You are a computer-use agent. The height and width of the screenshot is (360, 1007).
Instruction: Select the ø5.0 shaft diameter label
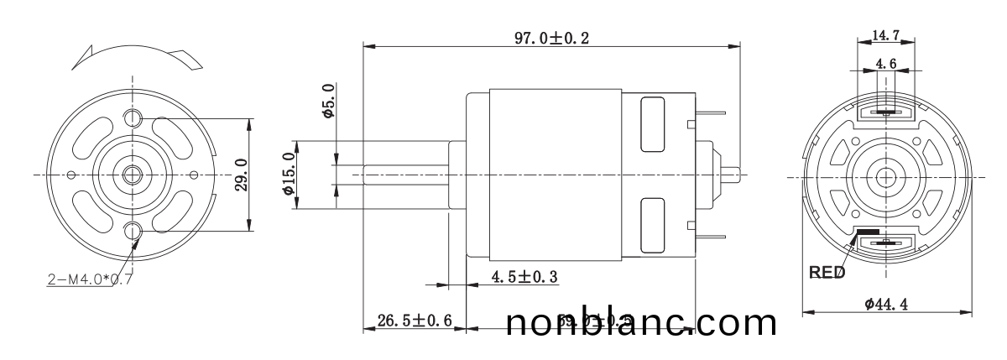point(328,102)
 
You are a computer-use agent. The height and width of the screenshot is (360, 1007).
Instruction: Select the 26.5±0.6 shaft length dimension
point(415,321)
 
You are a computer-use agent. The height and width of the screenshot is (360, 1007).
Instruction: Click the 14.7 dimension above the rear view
point(886,35)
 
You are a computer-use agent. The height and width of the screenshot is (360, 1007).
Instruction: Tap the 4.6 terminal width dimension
point(886,63)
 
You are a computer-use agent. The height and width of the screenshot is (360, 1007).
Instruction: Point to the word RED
point(827,273)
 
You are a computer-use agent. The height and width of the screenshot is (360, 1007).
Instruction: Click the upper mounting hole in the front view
point(133,116)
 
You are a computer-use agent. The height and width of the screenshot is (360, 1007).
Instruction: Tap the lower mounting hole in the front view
point(133,231)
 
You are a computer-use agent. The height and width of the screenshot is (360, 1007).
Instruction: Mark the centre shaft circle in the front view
point(133,175)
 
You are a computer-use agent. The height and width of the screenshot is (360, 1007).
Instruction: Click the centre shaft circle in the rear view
point(886,177)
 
